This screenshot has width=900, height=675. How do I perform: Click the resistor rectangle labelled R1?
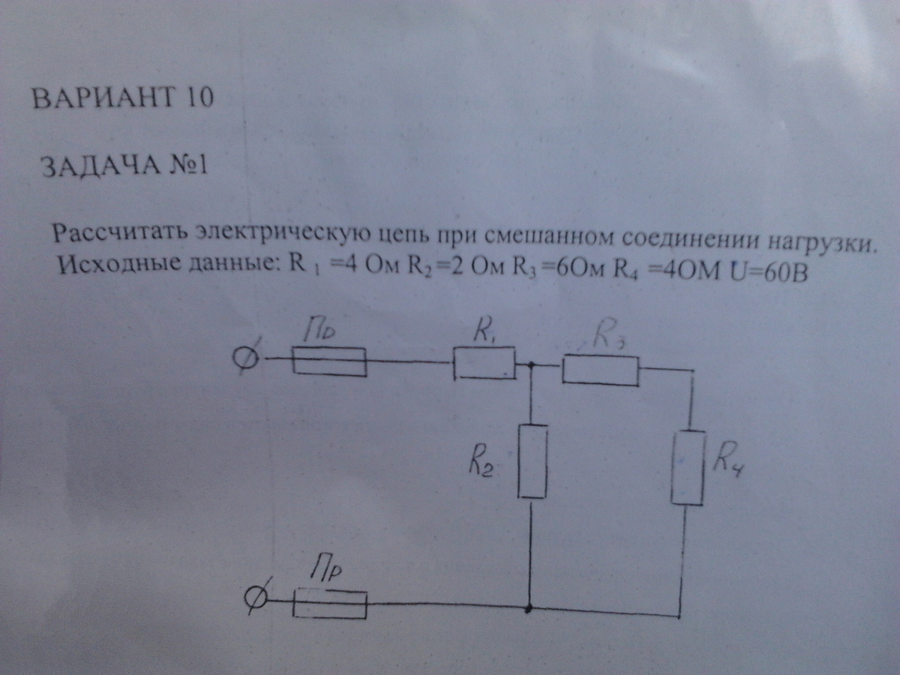point(484,364)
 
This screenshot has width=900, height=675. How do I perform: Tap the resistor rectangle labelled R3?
point(600,370)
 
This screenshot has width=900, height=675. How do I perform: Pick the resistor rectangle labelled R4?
point(687,468)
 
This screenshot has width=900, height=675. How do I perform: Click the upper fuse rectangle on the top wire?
point(328,361)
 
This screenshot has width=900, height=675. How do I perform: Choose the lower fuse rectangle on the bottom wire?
point(330,603)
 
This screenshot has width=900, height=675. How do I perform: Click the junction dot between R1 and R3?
point(531,366)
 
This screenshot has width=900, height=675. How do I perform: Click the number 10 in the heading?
point(196,97)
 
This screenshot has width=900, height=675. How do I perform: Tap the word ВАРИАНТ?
point(100,98)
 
